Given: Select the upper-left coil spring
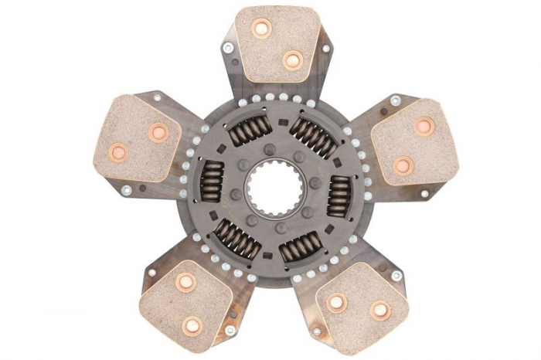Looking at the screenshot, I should (249, 131).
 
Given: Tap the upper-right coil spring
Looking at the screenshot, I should (312, 135).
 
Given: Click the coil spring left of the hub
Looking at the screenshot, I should (211, 182).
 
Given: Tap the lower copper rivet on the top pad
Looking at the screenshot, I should (292, 59).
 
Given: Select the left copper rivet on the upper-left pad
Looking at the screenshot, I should (118, 152).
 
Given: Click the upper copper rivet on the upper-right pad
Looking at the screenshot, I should (424, 126).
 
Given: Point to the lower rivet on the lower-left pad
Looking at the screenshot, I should (192, 325).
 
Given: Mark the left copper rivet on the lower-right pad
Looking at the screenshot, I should (336, 302).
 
